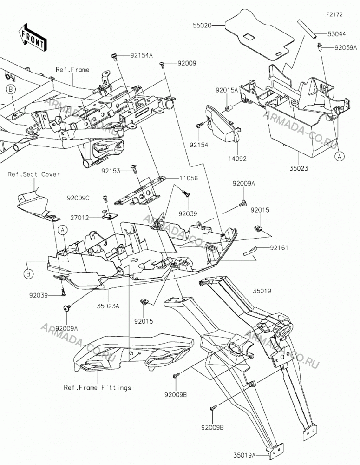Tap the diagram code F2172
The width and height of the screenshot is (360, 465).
pyautogui.click(x=334, y=14)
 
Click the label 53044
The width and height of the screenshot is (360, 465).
pyautogui.click(x=336, y=34)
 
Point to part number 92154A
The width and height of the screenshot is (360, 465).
pyautogui.click(x=141, y=55)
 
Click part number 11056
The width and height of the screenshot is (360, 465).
pyautogui.click(x=189, y=178)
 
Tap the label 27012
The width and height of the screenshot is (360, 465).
pyautogui.click(x=79, y=218)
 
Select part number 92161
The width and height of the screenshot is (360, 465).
pyautogui.click(x=279, y=248)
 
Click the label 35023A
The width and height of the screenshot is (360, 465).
pyautogui.click(x=108, y=306)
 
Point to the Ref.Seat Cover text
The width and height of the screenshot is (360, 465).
pyautogui.click(x=34, y=174)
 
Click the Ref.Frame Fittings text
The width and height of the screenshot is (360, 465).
pyautogui.click(x=98, y=388)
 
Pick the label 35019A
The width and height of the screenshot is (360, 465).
pyautogui.click(x=244, y=454)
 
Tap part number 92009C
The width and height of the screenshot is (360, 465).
pyautogui.click(x=78, y=198)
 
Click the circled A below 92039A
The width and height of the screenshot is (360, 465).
pyautogui.click(x=340, y=156)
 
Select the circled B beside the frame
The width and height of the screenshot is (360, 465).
pyautogui.click(x=11, y=89)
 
